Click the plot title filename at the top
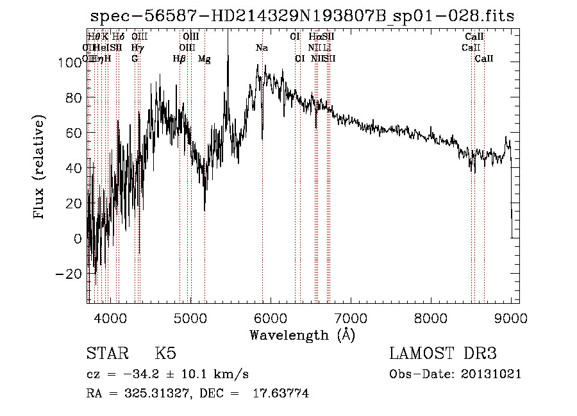(x=302, y=15)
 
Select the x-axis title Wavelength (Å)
(x=302, y=335)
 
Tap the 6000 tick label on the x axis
(x=271, y=317)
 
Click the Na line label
(x=262, y=47)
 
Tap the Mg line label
(x=205, y=59)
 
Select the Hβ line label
(x=180, y=59)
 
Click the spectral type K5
(x=165, y=354)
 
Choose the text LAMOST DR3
(x=443, y=354)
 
